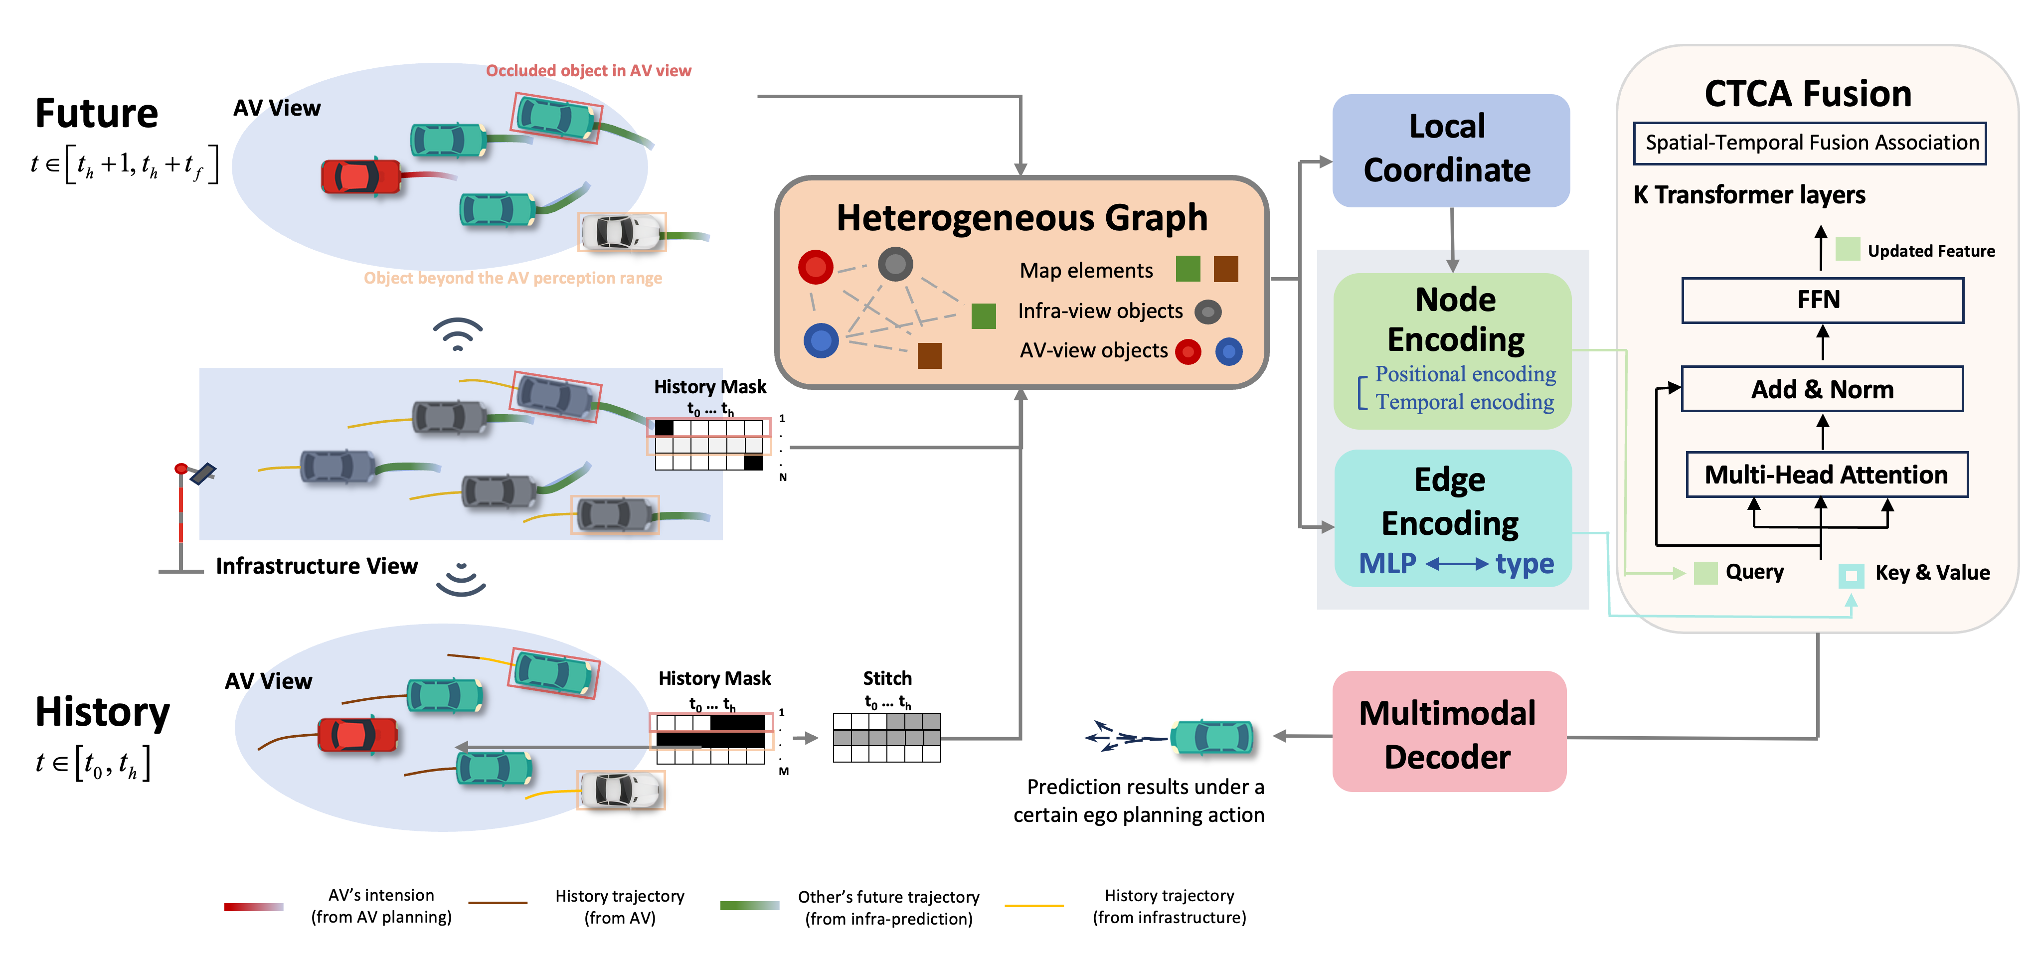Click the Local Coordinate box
[x=1450, y=151]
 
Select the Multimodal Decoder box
[x=1449, y=732]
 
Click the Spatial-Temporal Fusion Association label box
[x=1810, y=143]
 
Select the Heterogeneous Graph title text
[x=1021, y=218]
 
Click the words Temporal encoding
[x=1464, y=402]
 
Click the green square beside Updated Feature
[x=1848, y=249]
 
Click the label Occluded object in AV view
[x=588, y=70]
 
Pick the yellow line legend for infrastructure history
[x=1034, y=905]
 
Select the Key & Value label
[x=1931, y=572]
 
